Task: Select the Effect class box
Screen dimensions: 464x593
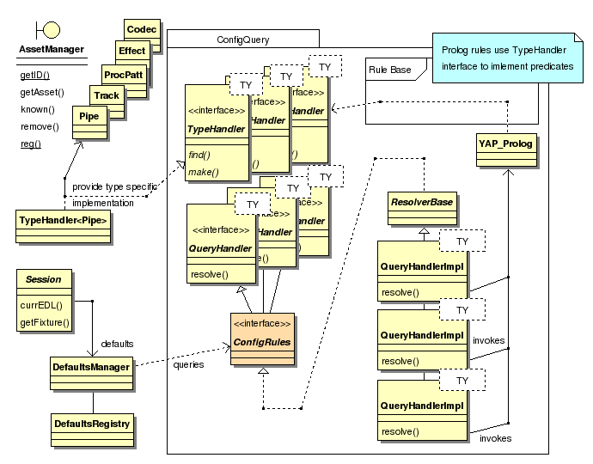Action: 133,52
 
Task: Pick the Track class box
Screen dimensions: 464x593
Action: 107,96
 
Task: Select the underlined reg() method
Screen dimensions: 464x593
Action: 30,143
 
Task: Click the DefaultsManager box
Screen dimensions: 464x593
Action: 91,367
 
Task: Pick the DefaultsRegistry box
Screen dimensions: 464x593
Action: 92,424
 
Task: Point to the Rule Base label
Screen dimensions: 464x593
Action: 389,70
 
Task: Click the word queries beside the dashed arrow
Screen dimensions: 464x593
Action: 188,364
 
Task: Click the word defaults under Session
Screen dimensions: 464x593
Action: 117,343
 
